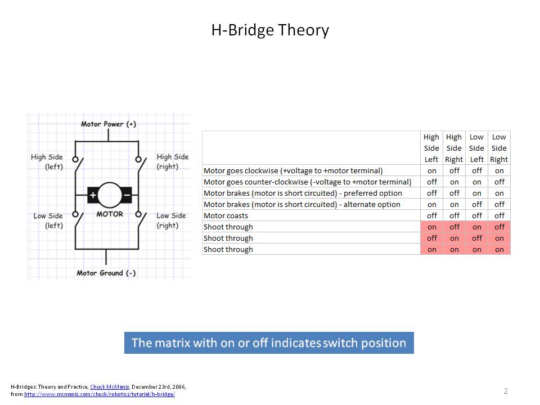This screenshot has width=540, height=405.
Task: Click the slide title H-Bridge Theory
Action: pyautogui.click(x=270, y=30)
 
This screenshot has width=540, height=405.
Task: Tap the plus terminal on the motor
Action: pyautogui.click(x=93, y=195)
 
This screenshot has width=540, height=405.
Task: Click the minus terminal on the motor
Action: pyautogui.click(x=127, y=195)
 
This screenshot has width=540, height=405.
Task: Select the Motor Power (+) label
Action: pyautogui.click(x=108, y=124)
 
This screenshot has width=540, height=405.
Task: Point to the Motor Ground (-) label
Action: pyautogui.click(x=106, y=273)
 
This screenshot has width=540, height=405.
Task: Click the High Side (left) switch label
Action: pyautogui.click(x=47, y=162)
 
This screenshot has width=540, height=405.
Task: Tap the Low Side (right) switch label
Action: pyautogui.click(x=171, y=220)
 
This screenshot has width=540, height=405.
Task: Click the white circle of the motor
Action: pyautogui.click(x=110, y=195)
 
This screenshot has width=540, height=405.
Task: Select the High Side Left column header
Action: pyautogui.click(x=431, y=148)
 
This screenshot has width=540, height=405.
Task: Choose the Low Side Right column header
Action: pyautogui.click(x=499, y=148)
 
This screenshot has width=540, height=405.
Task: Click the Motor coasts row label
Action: pyautogui.click(x=226, y=215)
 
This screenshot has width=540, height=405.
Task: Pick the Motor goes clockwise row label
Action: pyautogui.click(x=293, y=171)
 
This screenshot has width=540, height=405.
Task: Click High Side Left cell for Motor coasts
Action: pyautogui.click(x=432, y=215)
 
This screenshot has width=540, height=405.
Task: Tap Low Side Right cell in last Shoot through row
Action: pyautogui.click(x=499, y=249)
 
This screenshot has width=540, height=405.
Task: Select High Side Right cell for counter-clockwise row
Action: pyautogui.click(x=454, y=182)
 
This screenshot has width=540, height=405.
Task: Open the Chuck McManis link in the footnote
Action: pyautogui.click(x=110, y=387)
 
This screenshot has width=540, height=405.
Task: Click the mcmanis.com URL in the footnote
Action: pyautogui.click(x=100, y=394)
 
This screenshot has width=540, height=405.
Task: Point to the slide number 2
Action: pyautogui.click(x=506, y=391)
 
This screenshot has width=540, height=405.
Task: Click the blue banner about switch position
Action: pyautogui.click(x=269, y=343)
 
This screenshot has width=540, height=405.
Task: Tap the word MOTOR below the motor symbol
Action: pyautogui.click(x=110, y=214)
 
